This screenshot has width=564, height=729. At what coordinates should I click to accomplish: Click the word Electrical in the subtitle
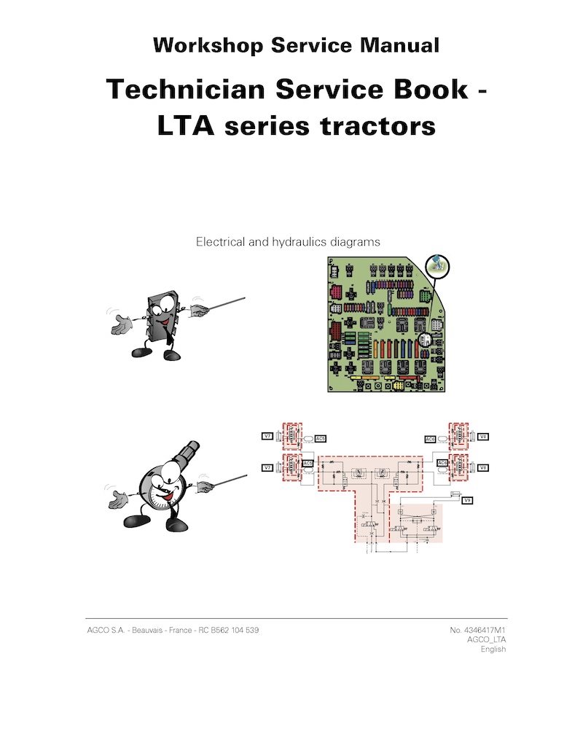[222, 241]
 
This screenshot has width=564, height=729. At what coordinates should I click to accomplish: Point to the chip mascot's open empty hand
[122, 327]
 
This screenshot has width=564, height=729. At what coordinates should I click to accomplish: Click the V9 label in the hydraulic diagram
[468, 501]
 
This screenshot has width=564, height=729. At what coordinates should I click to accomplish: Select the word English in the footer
[493, 650]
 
